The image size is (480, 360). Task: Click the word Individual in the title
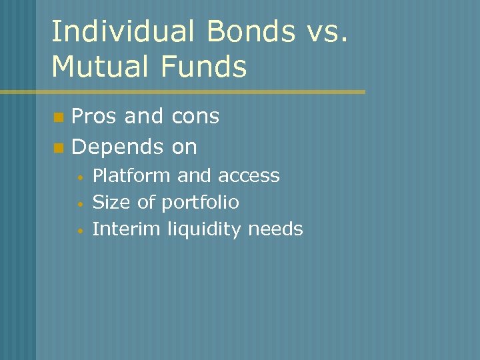click(116, 33)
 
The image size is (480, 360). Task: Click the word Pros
click(95, 117)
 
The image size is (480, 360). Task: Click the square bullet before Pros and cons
click(58, 118)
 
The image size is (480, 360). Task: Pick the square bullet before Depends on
click(58, 147)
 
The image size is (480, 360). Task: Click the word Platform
click(132, 176)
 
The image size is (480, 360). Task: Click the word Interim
click(126, 229)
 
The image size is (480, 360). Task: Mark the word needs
click(275, 229)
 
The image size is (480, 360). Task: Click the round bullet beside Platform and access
click(79, 177)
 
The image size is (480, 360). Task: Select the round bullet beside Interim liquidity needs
click(79, 231)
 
